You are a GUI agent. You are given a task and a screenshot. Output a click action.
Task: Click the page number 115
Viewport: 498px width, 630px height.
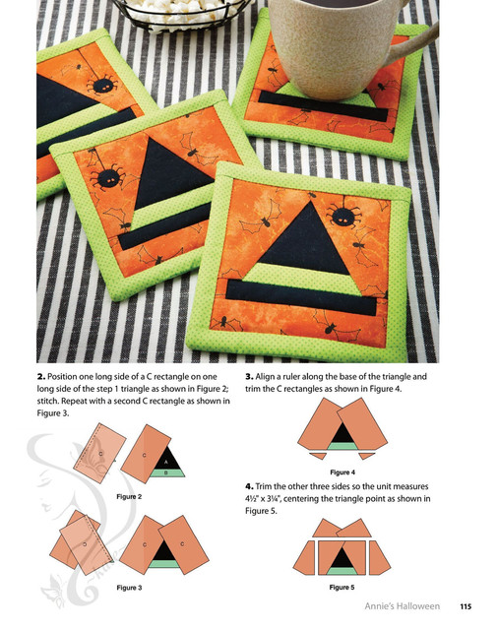coord(466,606)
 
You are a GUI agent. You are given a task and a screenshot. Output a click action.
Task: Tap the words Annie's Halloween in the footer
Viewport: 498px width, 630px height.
coord(402,606)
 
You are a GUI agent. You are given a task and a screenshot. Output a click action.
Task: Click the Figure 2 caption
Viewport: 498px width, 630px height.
coord(129,496)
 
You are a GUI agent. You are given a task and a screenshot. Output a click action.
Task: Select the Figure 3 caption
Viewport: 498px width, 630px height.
coord(129,588)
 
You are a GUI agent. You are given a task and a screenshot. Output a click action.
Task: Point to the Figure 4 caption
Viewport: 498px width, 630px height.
coord(342,472)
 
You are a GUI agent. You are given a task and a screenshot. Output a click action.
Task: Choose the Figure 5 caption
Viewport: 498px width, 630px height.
coord(342,587)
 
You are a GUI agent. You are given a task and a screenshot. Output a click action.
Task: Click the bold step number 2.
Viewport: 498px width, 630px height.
coord(40,377)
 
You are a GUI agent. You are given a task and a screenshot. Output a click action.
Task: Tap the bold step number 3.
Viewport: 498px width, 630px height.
coord(249,377)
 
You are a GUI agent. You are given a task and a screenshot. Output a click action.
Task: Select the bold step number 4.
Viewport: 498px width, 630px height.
coord(249,486)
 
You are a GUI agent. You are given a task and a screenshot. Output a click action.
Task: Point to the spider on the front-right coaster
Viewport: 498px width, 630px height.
coord(343,217)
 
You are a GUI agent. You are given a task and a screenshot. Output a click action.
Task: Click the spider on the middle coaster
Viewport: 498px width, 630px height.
coord(107,177)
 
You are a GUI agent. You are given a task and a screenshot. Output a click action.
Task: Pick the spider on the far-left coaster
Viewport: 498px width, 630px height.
coord(103,85)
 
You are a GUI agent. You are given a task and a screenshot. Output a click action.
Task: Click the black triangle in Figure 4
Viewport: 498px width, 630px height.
coord(342,434)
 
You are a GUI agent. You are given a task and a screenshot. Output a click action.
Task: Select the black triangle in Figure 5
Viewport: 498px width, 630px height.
coord(342,558)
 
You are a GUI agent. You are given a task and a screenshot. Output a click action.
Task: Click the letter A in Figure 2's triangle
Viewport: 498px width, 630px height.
coord(166,462)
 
